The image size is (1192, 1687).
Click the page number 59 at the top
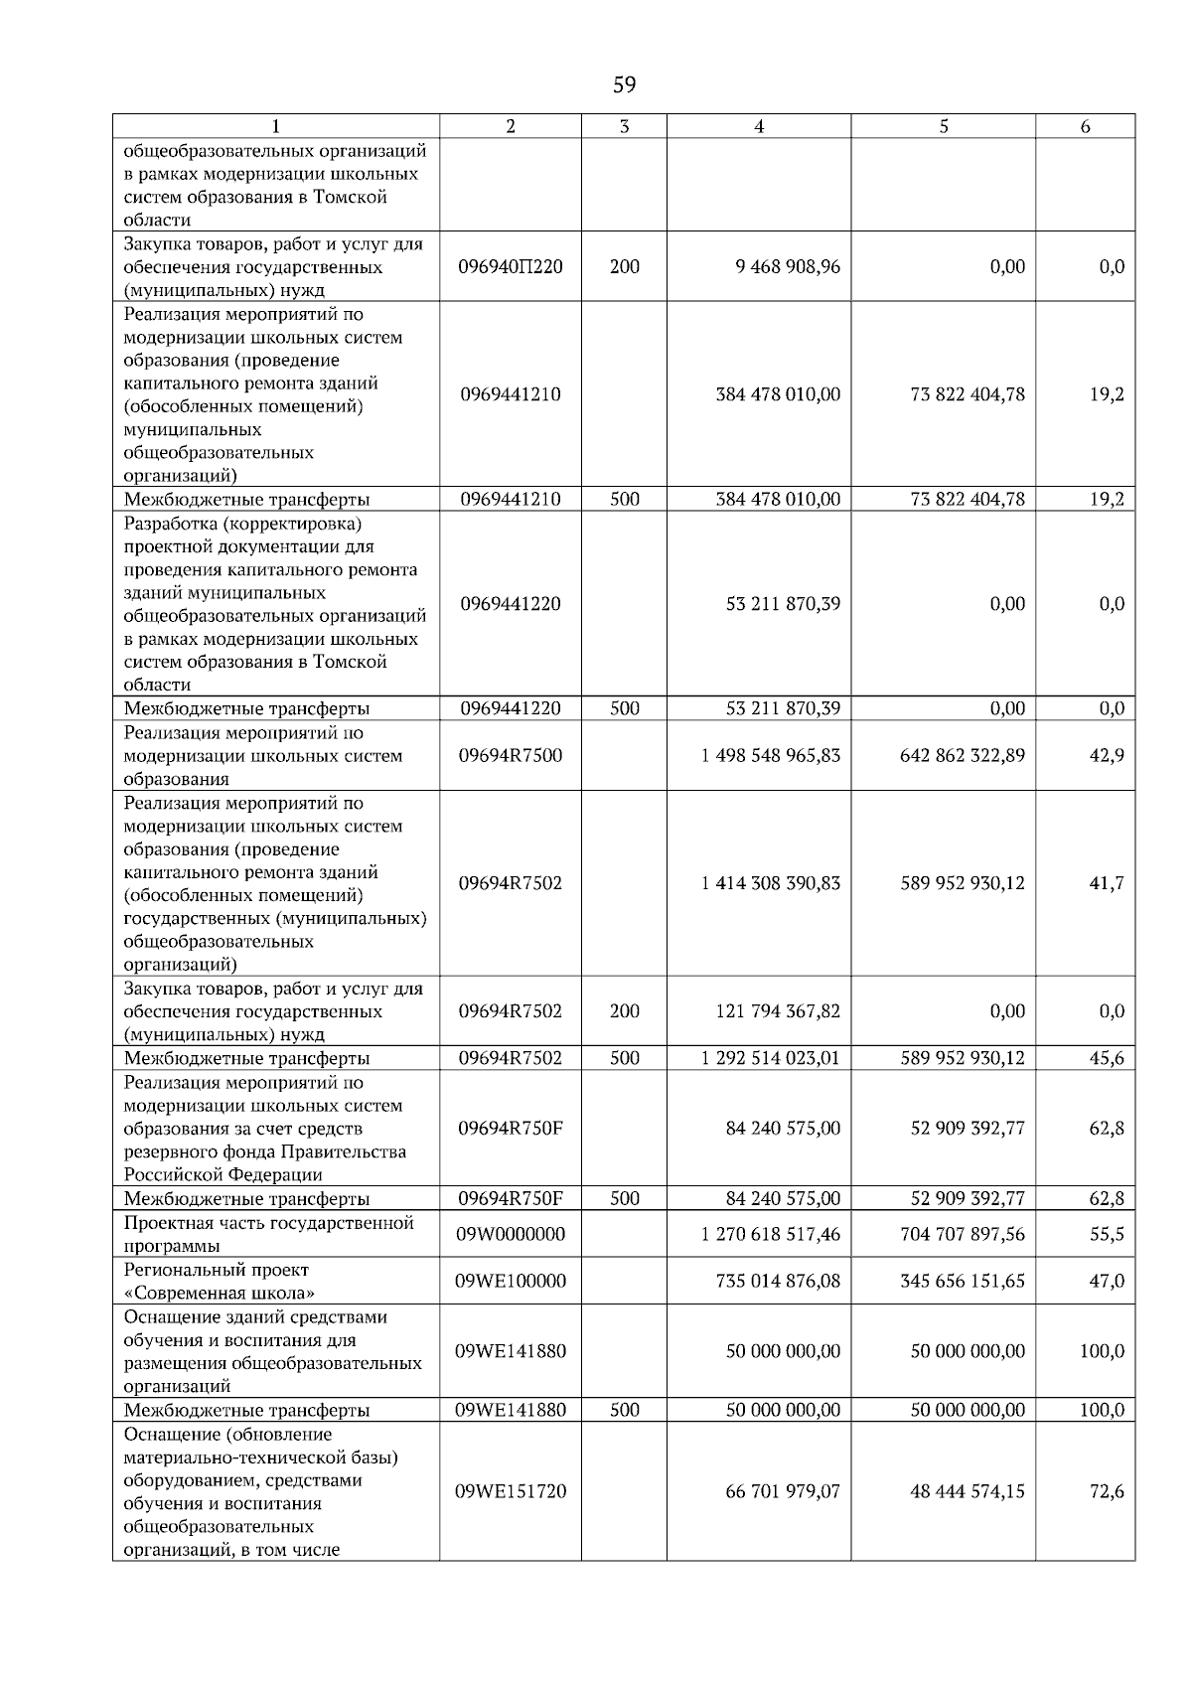(x=624, y=85)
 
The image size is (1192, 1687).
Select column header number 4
(x=759, y=126)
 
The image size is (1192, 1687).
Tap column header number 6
(x=1085, y=126)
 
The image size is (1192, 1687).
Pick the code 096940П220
(x=511, y=267)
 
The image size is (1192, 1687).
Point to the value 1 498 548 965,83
(x=771, y=756)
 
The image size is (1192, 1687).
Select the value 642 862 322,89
(x=963, y=756)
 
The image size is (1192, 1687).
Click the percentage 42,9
(x=1107, y=756)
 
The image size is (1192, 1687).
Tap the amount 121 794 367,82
(x=778, y=1011)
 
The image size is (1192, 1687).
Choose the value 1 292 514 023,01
(x=771, y=1058)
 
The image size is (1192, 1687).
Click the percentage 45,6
(x=1107, y=1058)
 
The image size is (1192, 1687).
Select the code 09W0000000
(x=511, y=1234)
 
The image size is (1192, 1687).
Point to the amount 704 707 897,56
(x=963, y=1234)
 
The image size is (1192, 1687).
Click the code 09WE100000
(x=511, y=1281)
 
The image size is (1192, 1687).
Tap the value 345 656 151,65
(x=963, y=1281)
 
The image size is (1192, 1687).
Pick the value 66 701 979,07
(x=783, y=1491)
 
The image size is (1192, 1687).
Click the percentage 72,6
(x=1107, y=1491)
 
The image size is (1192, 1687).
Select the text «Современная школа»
(x=220, y=1293)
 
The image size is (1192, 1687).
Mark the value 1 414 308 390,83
(x=771, y=883)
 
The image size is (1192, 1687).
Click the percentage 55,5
(x=1107, y=1234)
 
